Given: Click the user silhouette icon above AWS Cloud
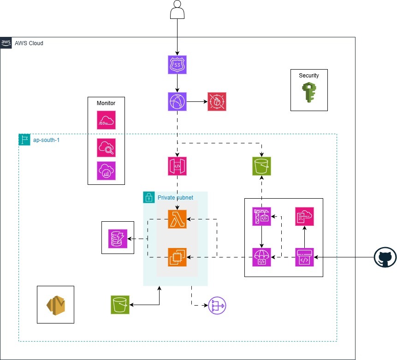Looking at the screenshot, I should (x=177, y=10).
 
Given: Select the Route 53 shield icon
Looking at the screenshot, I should (x=177, y=65).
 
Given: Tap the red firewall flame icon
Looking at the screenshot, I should (x=217, y=101).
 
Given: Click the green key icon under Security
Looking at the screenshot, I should (x=309, y=92).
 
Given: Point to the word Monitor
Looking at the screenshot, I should (x=106, y=103).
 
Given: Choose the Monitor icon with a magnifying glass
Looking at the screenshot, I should (x=107, y=148).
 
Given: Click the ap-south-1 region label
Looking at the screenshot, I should (x=46, y=139).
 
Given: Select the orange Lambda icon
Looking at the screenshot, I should (x=177, y=219).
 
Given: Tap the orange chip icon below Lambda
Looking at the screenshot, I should (x=177, y=257).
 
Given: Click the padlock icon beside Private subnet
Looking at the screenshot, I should (x=148, y=197).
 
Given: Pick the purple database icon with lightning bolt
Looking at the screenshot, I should (x=118, y=238).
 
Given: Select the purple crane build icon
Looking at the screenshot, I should (x=261, y=217).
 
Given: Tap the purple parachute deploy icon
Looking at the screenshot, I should (x=261, y=257).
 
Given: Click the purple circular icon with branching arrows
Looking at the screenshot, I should (x=218, y=306).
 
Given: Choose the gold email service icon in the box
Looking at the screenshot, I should (x=55, y=305).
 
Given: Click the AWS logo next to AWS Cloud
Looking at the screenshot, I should (x=6, y=42).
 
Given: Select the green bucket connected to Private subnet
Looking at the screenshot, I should (x=120, y=305).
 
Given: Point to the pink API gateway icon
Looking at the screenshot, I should (x=177, y=166).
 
